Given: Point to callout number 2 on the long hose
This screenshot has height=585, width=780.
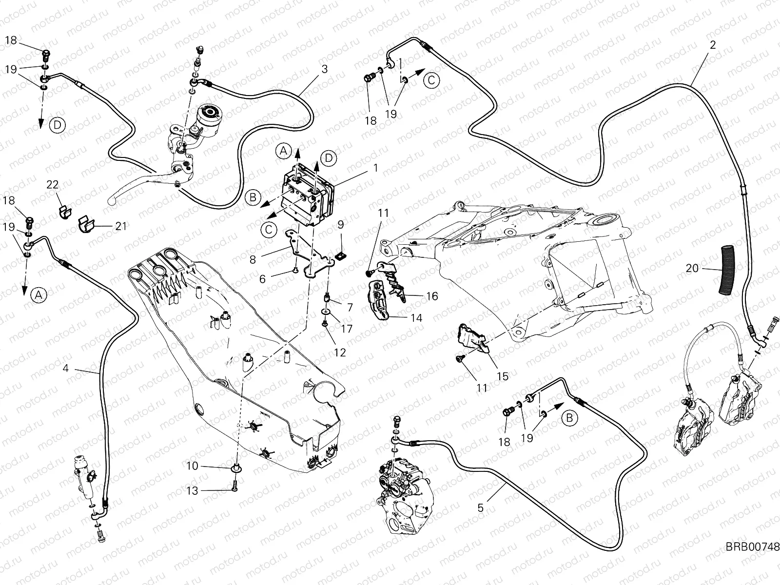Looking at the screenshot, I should tap(713, 45).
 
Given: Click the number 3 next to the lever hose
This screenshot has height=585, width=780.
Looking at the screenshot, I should tap(324, 69).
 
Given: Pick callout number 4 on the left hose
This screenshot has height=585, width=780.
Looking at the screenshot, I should tap(66, 369).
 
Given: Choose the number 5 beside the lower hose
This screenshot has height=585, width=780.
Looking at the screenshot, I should tap(481, 508).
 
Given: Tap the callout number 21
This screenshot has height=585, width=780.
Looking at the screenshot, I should tap(121, 226).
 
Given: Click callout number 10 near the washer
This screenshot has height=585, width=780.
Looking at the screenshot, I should tap(193, 466).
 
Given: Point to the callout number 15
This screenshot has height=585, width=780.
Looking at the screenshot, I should tap(502, 376).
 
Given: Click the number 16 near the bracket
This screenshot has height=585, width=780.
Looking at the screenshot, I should tap(432, 296).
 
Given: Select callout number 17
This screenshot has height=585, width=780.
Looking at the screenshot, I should tap(346, 329).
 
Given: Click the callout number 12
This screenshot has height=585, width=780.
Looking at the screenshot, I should tap(340, 352).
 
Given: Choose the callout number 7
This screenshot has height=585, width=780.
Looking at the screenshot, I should tap(350, 308).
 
